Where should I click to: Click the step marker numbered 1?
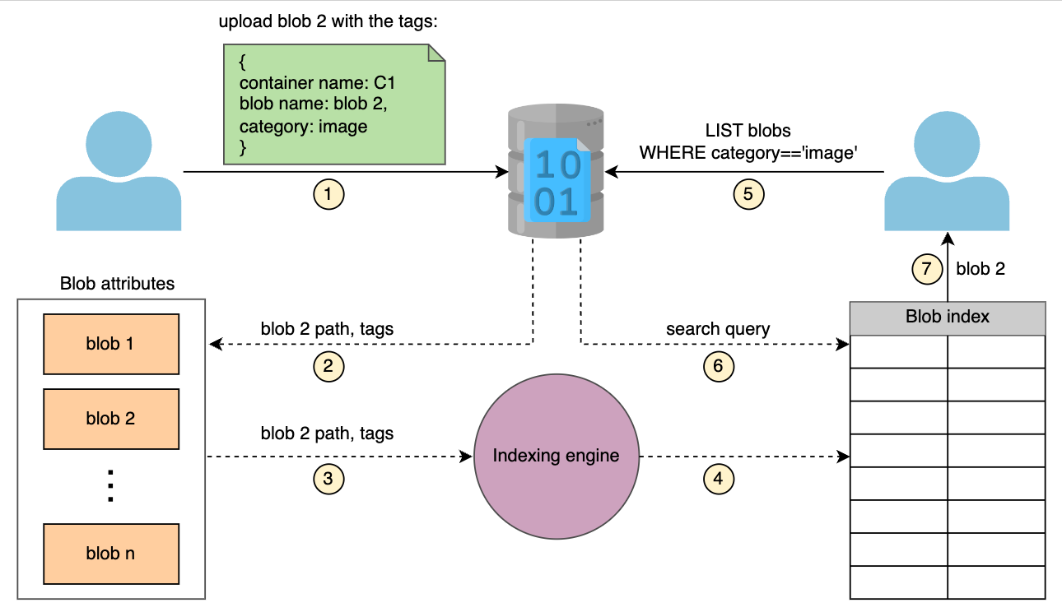[x=328, y=194]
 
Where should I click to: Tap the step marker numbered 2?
[x=328, y=366]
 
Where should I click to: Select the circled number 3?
[x=328, y=479]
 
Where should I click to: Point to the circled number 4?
[x=718, y=479]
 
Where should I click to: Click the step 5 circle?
[x=748, y=194]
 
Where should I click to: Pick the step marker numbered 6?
[x=718, y=366]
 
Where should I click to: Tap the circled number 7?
[x=927, y=269]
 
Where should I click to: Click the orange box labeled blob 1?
[x=111, y=344]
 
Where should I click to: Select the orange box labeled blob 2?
[x=111, y=419]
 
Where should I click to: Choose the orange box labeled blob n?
[x=111, y=554]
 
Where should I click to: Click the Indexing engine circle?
[x=557, y=457]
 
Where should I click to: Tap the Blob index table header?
[x=948, y=318]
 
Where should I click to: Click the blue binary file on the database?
[x=557, y=180]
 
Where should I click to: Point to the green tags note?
[x=334, y=104]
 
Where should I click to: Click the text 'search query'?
[x=718, y=329]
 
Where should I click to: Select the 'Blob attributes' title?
[x=117, y=283]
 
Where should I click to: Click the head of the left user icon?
[x=119, y=144]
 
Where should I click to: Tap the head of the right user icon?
[x=947, y=144]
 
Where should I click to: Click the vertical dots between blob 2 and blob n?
[x=110, y=486]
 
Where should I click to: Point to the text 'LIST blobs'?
[x=748, y=130]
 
